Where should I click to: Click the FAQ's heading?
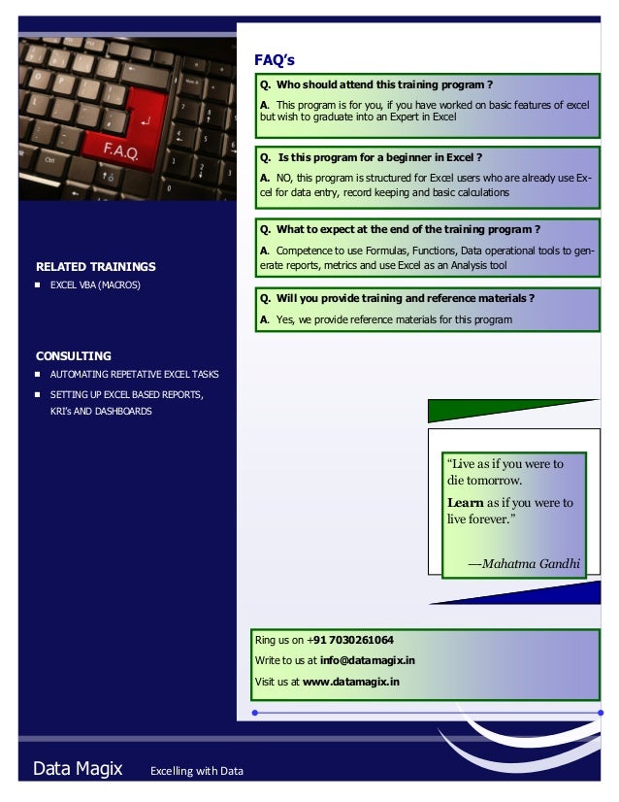(275, 60)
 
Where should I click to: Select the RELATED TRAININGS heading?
(95, 266)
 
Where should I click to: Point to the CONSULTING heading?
(74, 355)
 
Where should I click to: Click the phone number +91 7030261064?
(355, 640)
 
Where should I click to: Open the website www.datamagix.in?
(351, 682)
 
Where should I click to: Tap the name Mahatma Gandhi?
(531, 562)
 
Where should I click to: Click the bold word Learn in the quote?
(465, 503)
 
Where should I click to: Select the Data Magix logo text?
(78, 769)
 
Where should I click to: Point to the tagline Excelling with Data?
(196, 772)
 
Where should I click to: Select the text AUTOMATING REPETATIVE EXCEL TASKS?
(134, 374)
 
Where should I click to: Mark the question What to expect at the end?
(399, 230)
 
